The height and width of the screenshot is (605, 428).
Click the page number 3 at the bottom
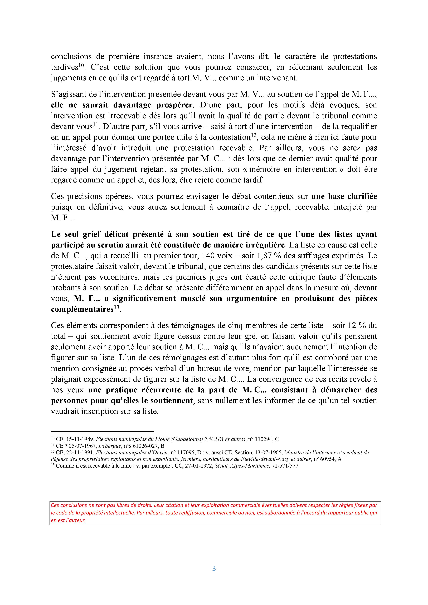pos(214,568)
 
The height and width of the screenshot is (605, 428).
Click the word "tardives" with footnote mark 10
pos(65,67)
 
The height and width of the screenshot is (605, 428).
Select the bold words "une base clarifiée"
pos(344,196)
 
